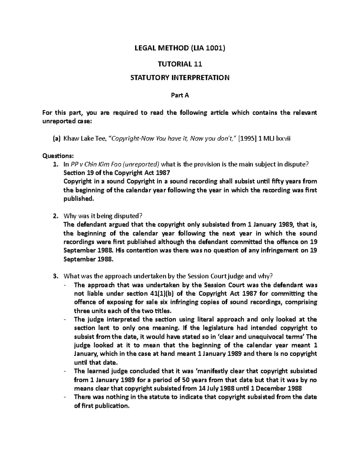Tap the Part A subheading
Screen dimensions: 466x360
pyautogui.click(x=180, y=95)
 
